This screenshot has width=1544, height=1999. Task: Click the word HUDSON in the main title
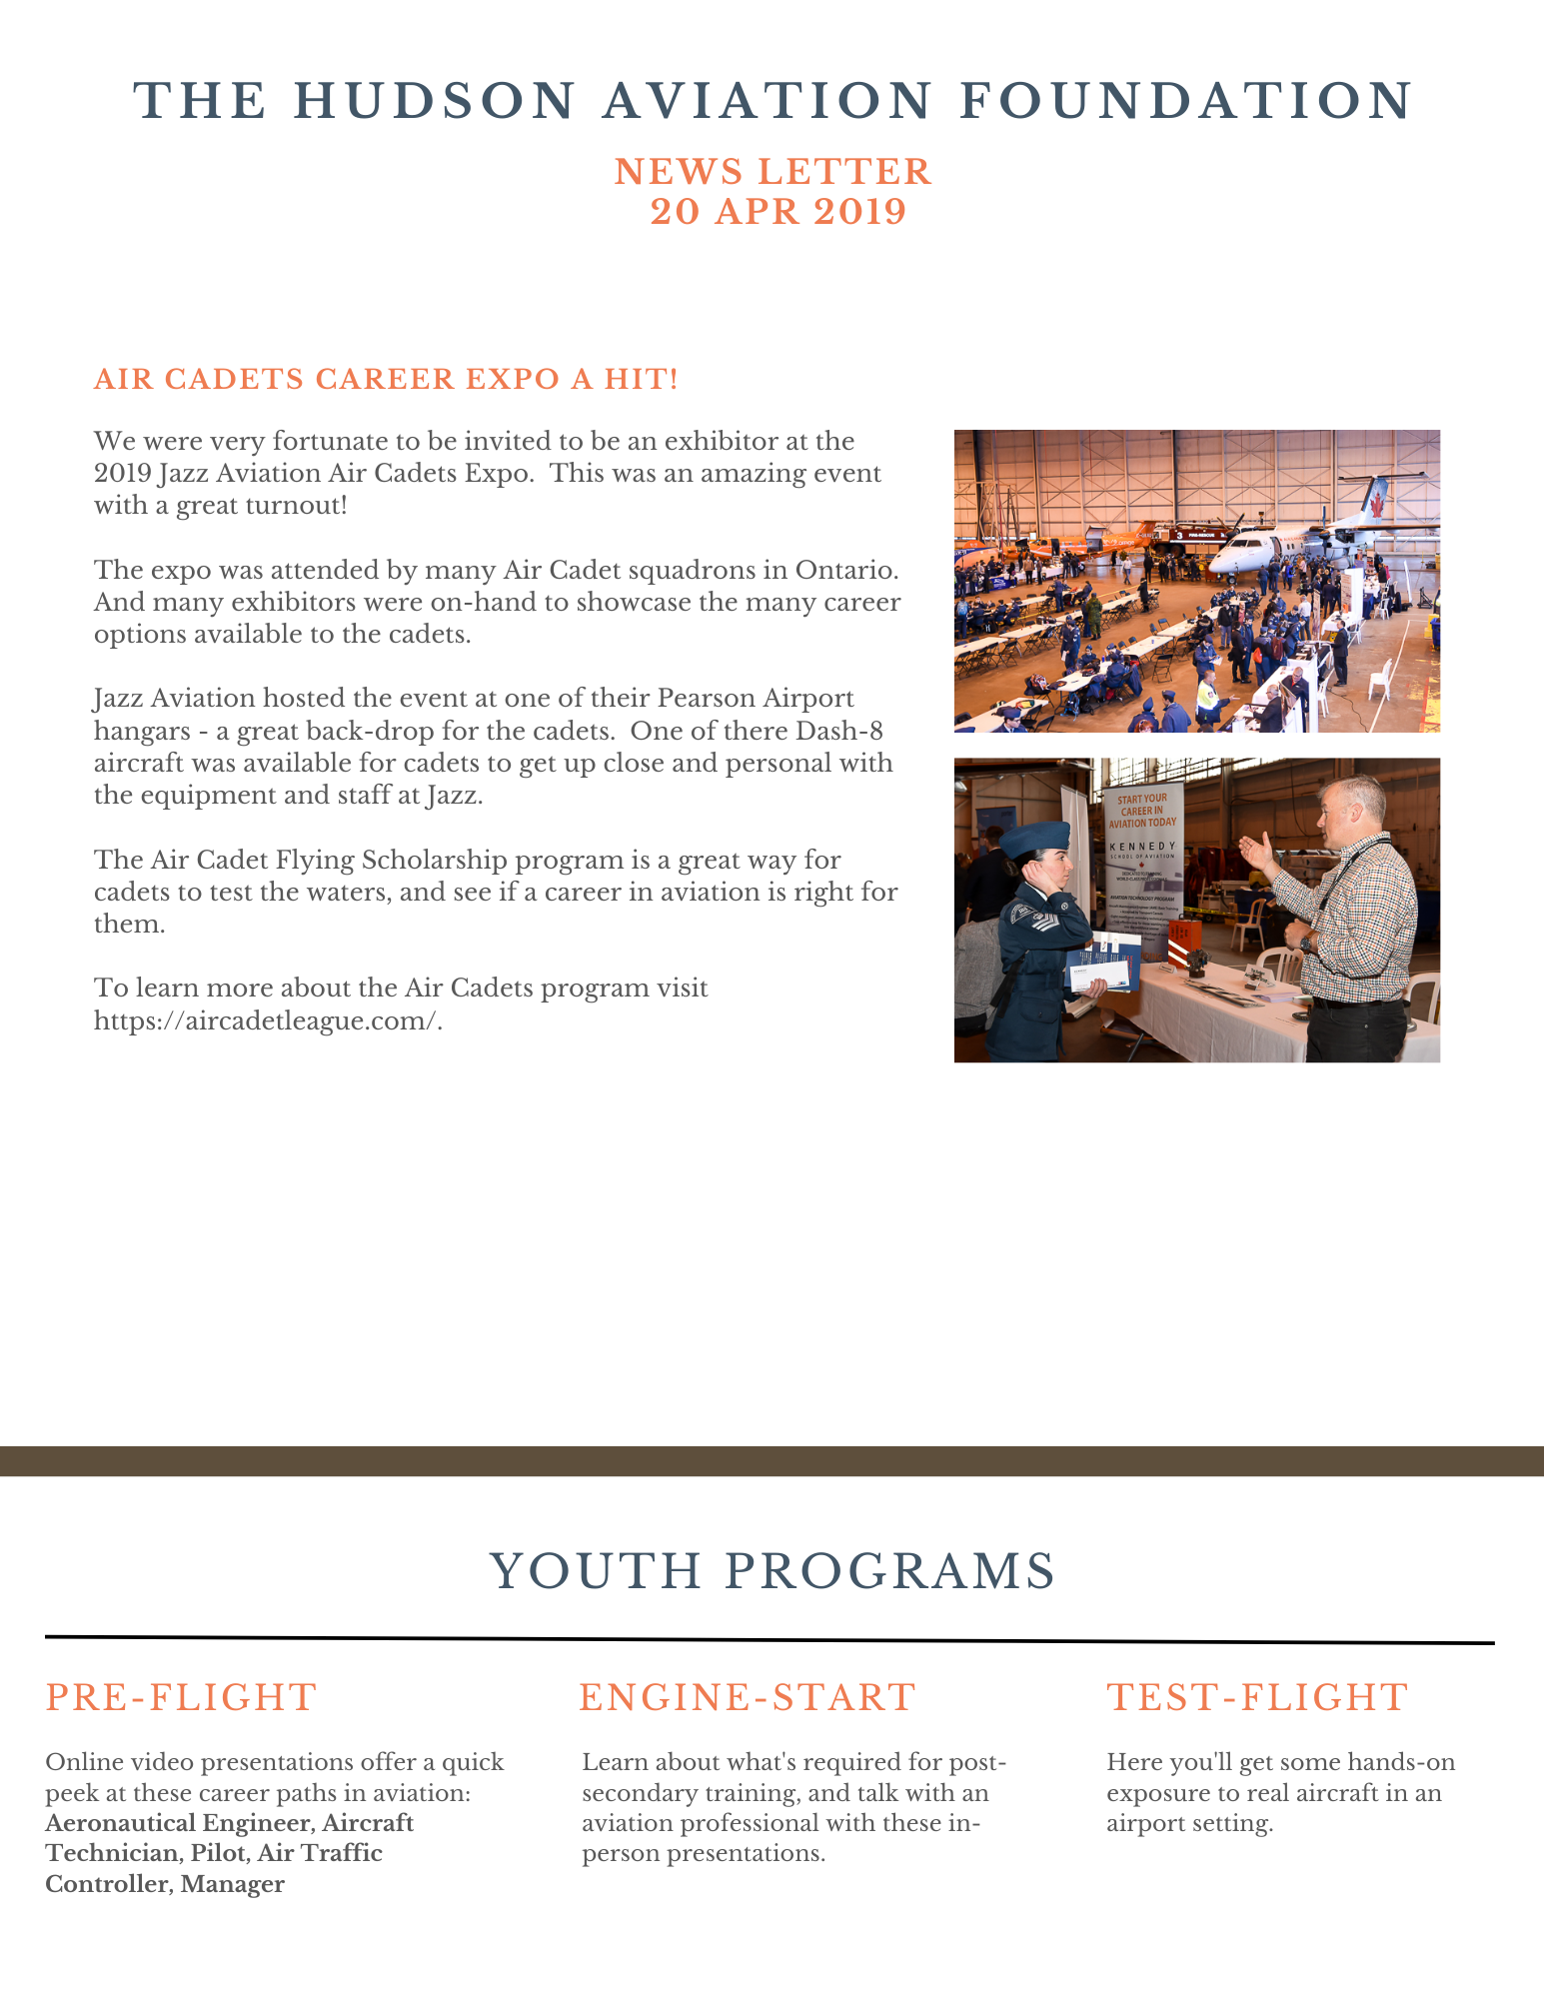coord(435,101)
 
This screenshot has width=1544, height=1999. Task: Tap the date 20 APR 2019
coord(777,212)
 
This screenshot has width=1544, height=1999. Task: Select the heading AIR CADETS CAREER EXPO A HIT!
coord(386,380)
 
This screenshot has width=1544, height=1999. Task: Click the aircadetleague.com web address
coord(268,1020)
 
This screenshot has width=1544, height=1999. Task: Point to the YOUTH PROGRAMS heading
coord(772,1571)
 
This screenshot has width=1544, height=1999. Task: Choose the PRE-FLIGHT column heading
coord(181,1697)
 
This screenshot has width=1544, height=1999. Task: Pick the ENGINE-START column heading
coord(748,1697)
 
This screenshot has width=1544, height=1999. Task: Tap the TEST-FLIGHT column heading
coord(1257,1697)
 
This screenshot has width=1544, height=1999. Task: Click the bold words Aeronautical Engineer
coord(177,1822)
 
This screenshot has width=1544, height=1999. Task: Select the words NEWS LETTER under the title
coord(772,172)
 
